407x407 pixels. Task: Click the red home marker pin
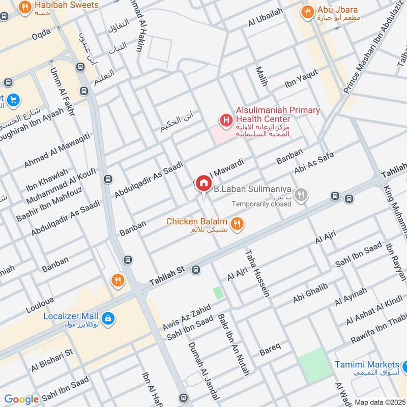click(x=203, y=183)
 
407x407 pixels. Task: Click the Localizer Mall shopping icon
click(x=107, y=319)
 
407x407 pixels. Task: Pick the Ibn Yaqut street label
click(x=301, y=78)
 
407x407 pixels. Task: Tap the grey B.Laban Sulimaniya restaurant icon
click(x=302, y=195)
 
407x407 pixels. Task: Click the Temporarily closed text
click(x=261, y=204)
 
